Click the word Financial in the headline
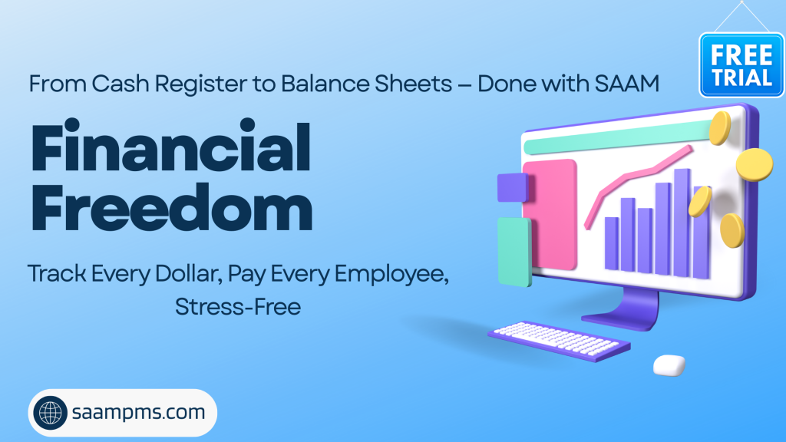[x=171, y=147]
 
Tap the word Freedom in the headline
[x=172, y=207]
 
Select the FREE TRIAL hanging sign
[x=741, y=65]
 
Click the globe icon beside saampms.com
[x=50, y=413]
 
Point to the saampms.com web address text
[x=138, y=412]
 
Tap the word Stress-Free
[x=238, y=307]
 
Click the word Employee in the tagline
[x=391, y=275]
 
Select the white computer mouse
[x=669, y=364]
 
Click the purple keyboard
[x=559, y=341]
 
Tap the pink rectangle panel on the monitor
[x=550, y=215]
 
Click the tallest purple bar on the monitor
[x=682, y=223]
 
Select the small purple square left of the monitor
[x=512, y=187]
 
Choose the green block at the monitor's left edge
[x=514, y=252]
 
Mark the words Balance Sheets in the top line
[x=366, y=84]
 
